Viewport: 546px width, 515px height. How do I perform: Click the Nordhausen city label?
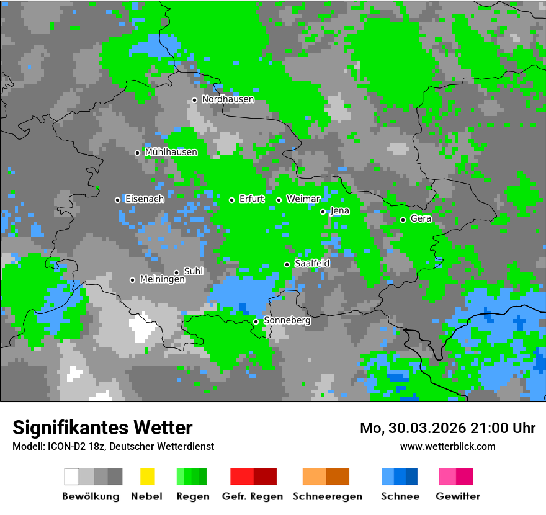coord(228,99)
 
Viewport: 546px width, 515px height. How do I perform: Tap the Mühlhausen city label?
coord(171,152)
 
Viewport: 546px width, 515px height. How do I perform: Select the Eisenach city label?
coord(145,199)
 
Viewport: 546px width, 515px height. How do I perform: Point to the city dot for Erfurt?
coord(231,200)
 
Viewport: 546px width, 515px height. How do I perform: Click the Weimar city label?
coord(303,199)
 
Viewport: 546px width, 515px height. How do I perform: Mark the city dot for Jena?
coord(323,212)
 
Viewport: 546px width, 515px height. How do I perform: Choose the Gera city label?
coord(421,219)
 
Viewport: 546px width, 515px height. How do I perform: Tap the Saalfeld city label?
coord(312,264)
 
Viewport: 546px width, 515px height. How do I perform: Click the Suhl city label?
coord(194,271)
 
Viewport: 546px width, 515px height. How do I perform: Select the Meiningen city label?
coord(162,280)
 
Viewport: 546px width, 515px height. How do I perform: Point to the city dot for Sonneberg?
coord(256,321)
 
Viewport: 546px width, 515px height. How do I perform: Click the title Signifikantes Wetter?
coord(102,428)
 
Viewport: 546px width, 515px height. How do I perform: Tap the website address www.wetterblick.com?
coord(447,446)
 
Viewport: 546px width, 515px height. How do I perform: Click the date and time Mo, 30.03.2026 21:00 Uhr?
coord(447,428)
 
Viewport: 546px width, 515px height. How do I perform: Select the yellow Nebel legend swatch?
coord(147,477)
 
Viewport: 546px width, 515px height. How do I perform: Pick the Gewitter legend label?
coord(457,496)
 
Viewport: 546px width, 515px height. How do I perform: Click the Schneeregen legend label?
coord(327,496)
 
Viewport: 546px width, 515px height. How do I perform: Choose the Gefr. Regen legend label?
coord(253,496)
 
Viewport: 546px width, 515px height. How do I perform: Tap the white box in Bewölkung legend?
coord(72,477)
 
